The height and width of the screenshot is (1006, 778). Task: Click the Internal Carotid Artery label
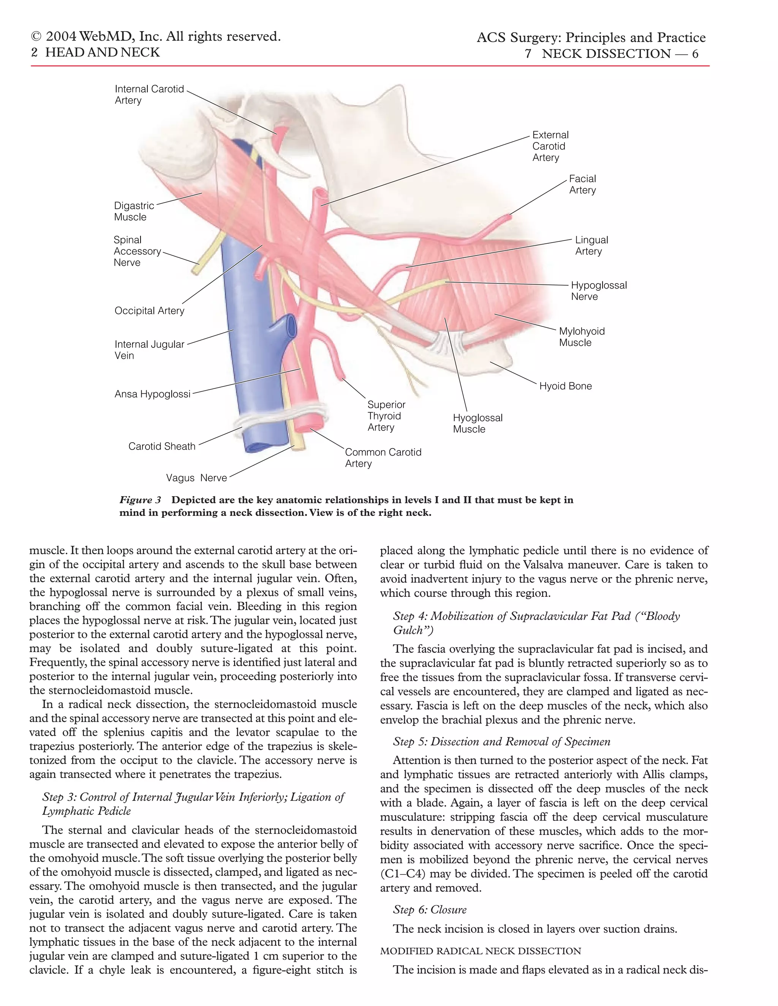(149, 95)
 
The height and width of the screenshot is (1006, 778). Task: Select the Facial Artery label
(582, 184)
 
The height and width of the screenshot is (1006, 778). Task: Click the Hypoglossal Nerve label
(598, 291)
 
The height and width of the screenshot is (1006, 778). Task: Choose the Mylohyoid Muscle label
(581, 337)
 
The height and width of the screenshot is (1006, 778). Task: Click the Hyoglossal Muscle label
(477, 423)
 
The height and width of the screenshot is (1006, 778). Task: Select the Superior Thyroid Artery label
(386, 416)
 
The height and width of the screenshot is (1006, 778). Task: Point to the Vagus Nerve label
(196, 478)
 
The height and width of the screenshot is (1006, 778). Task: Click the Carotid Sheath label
(162, 446)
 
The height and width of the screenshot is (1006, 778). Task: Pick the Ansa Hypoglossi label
(152, 394)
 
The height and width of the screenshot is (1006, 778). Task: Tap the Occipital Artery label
(149, 311)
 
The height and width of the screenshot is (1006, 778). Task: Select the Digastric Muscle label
(134, 211)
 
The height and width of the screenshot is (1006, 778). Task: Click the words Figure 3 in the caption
(140, 500)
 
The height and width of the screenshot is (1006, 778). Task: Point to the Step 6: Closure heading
(430, 909)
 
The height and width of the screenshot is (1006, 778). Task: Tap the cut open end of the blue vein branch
(290, 327)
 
